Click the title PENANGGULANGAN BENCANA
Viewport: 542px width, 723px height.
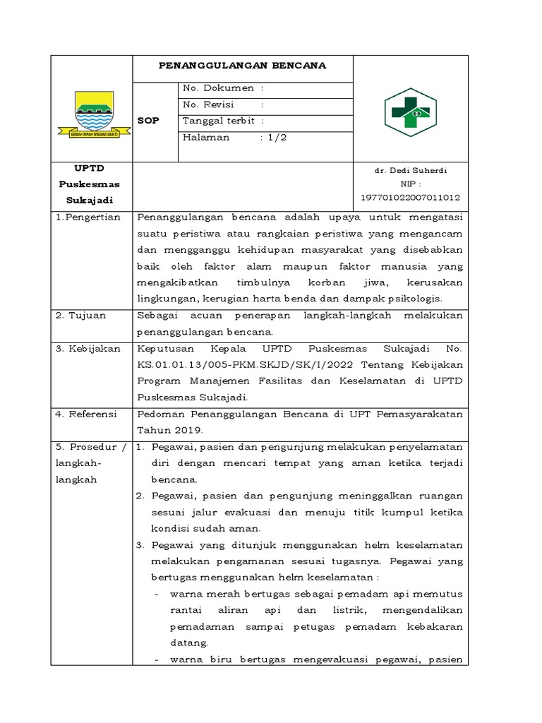click(x=242, y=66)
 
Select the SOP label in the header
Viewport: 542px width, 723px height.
click(x=149, y=121)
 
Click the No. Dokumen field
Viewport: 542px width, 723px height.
click(x=223, y=88)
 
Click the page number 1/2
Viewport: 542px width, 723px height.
click(x=277, y=138)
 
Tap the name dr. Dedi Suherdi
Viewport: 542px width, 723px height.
click(x=410, y=172)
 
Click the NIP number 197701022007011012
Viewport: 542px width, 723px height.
click(x=410, y=198)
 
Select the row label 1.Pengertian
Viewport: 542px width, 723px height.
click(x=88, y=217)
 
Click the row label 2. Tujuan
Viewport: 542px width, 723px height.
click(x=80, y=315)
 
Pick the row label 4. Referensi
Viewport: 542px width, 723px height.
click(x=88, y=414)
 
